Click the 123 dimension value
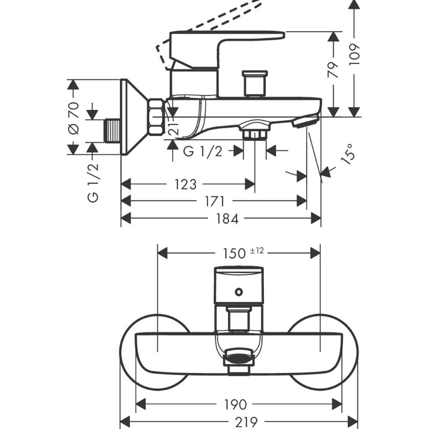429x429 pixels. pos(186,184)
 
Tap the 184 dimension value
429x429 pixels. pos(227,218)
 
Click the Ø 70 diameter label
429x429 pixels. pos(73,117)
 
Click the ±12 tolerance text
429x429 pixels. pos(257,250)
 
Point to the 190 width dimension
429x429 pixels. pos(236,404)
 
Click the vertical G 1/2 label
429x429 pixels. pos(93,183)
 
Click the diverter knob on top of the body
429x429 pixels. pos(255,84)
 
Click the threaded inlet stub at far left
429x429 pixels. pos(112,130)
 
